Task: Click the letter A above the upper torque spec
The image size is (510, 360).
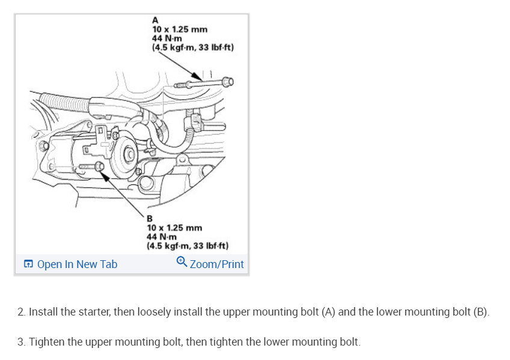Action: coord(155,20)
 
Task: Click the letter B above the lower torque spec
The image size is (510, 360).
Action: coord(150,219)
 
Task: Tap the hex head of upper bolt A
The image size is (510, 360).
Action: coord(227,81)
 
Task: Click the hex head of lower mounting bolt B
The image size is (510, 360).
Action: coord(100,166)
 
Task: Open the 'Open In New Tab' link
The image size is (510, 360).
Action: coord(77,264)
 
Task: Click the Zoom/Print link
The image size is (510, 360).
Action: coord(217,264)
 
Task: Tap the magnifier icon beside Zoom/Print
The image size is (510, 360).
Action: coord(182,263)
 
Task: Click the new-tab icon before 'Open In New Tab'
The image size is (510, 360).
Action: coord(28,264)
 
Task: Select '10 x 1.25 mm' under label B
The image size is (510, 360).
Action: coord(174,228)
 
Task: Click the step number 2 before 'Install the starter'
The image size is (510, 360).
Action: coord(21,313)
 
